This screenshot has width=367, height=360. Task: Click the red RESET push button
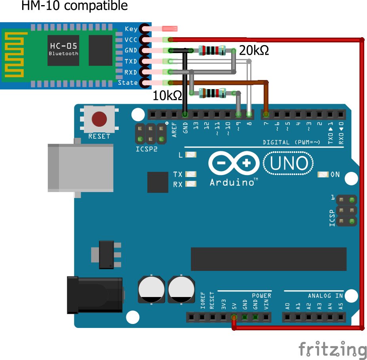click(x=99, y=119)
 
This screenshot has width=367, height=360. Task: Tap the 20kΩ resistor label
click(x=254, y=50)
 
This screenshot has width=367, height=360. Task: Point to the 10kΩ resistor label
click(x=167, y=95)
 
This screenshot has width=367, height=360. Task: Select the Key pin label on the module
click(x=131, y=29)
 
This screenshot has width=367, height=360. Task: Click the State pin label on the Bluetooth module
click(x=128, y=83)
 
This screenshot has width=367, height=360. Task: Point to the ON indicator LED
click(x=323, y=174)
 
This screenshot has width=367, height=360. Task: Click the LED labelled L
click(x=191, y=155)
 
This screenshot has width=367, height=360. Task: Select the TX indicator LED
click(x=191, y=174)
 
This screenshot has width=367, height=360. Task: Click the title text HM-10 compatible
click(x=74, y=6)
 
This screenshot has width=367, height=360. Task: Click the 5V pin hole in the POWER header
click(x=234, y=317)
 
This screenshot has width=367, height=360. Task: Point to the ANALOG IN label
click(x=325, y=296)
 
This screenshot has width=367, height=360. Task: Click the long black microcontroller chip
click(x=268, y=259)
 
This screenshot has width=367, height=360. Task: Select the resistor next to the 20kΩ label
click(x=212, y=50)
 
